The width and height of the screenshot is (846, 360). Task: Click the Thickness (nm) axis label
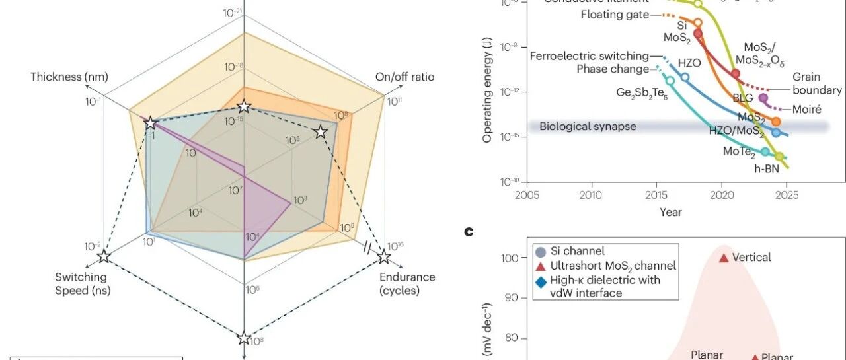pos(65,77)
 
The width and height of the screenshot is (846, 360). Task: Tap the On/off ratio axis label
pos(404,77)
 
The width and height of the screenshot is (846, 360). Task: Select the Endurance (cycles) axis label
pos(407,283)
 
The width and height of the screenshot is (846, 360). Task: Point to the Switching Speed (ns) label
pos(82,283)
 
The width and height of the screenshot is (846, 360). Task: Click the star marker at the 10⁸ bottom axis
pos(245,339)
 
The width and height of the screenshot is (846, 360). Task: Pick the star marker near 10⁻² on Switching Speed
pos(104,256)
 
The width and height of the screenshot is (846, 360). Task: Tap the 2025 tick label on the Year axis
pos(786,196)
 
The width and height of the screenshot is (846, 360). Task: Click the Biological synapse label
pos(588,126)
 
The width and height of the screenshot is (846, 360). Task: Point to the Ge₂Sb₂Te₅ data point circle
pos(670,80)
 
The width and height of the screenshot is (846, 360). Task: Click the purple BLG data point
pos(763,98)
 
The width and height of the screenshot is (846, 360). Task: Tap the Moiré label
pos(806,109)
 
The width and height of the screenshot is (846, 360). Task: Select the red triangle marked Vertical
pos(724,258)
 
